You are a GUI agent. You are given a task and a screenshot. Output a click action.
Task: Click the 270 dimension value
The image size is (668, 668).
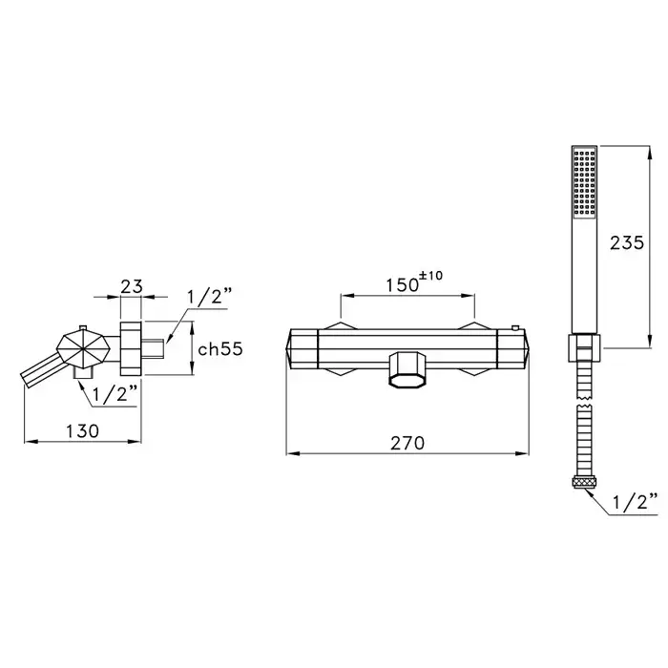click(407, 443)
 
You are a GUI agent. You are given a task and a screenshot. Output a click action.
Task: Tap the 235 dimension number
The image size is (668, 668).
click(627, 242)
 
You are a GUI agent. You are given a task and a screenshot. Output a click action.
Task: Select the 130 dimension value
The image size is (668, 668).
click(82, 431)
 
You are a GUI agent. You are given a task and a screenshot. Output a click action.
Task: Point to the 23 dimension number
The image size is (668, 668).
click(132, 286)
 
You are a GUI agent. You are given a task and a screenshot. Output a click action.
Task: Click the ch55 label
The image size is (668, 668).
click(220, 349)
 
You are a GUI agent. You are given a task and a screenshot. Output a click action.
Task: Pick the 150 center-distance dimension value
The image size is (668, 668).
click(402, 284)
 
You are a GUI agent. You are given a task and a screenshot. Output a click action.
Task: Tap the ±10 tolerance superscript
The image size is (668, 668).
click(431, 276)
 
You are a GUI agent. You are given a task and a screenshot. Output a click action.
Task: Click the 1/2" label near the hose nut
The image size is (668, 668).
click(636, 502)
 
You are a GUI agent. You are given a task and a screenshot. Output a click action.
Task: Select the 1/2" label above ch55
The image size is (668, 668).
click(211, 296)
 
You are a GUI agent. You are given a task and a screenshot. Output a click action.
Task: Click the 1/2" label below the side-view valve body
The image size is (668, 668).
click(115, 394)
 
